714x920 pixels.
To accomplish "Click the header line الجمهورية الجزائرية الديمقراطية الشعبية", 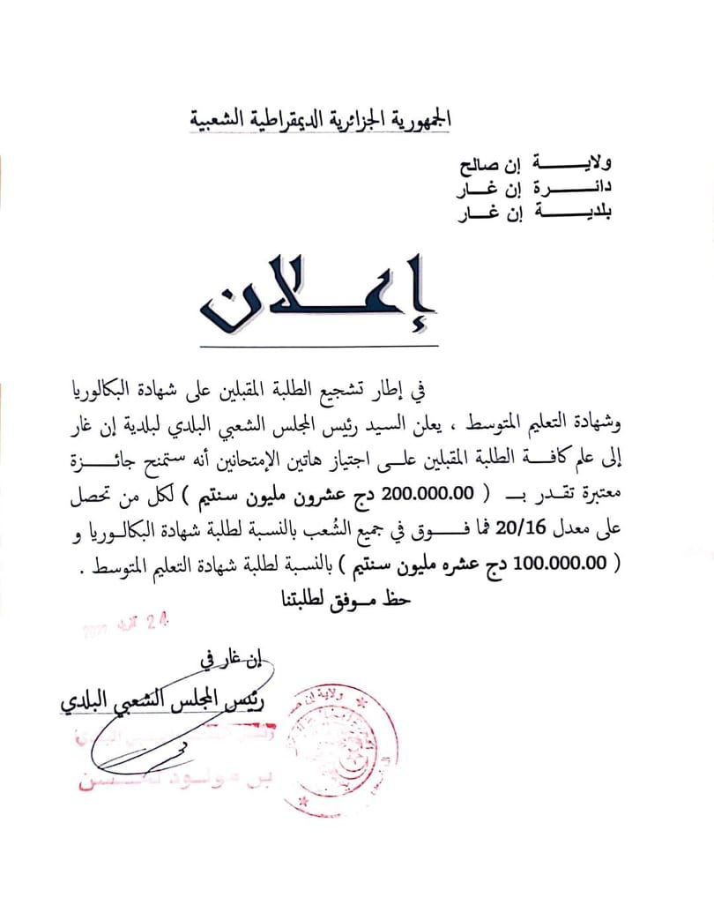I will pyautogui.click(x=321, y=118).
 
